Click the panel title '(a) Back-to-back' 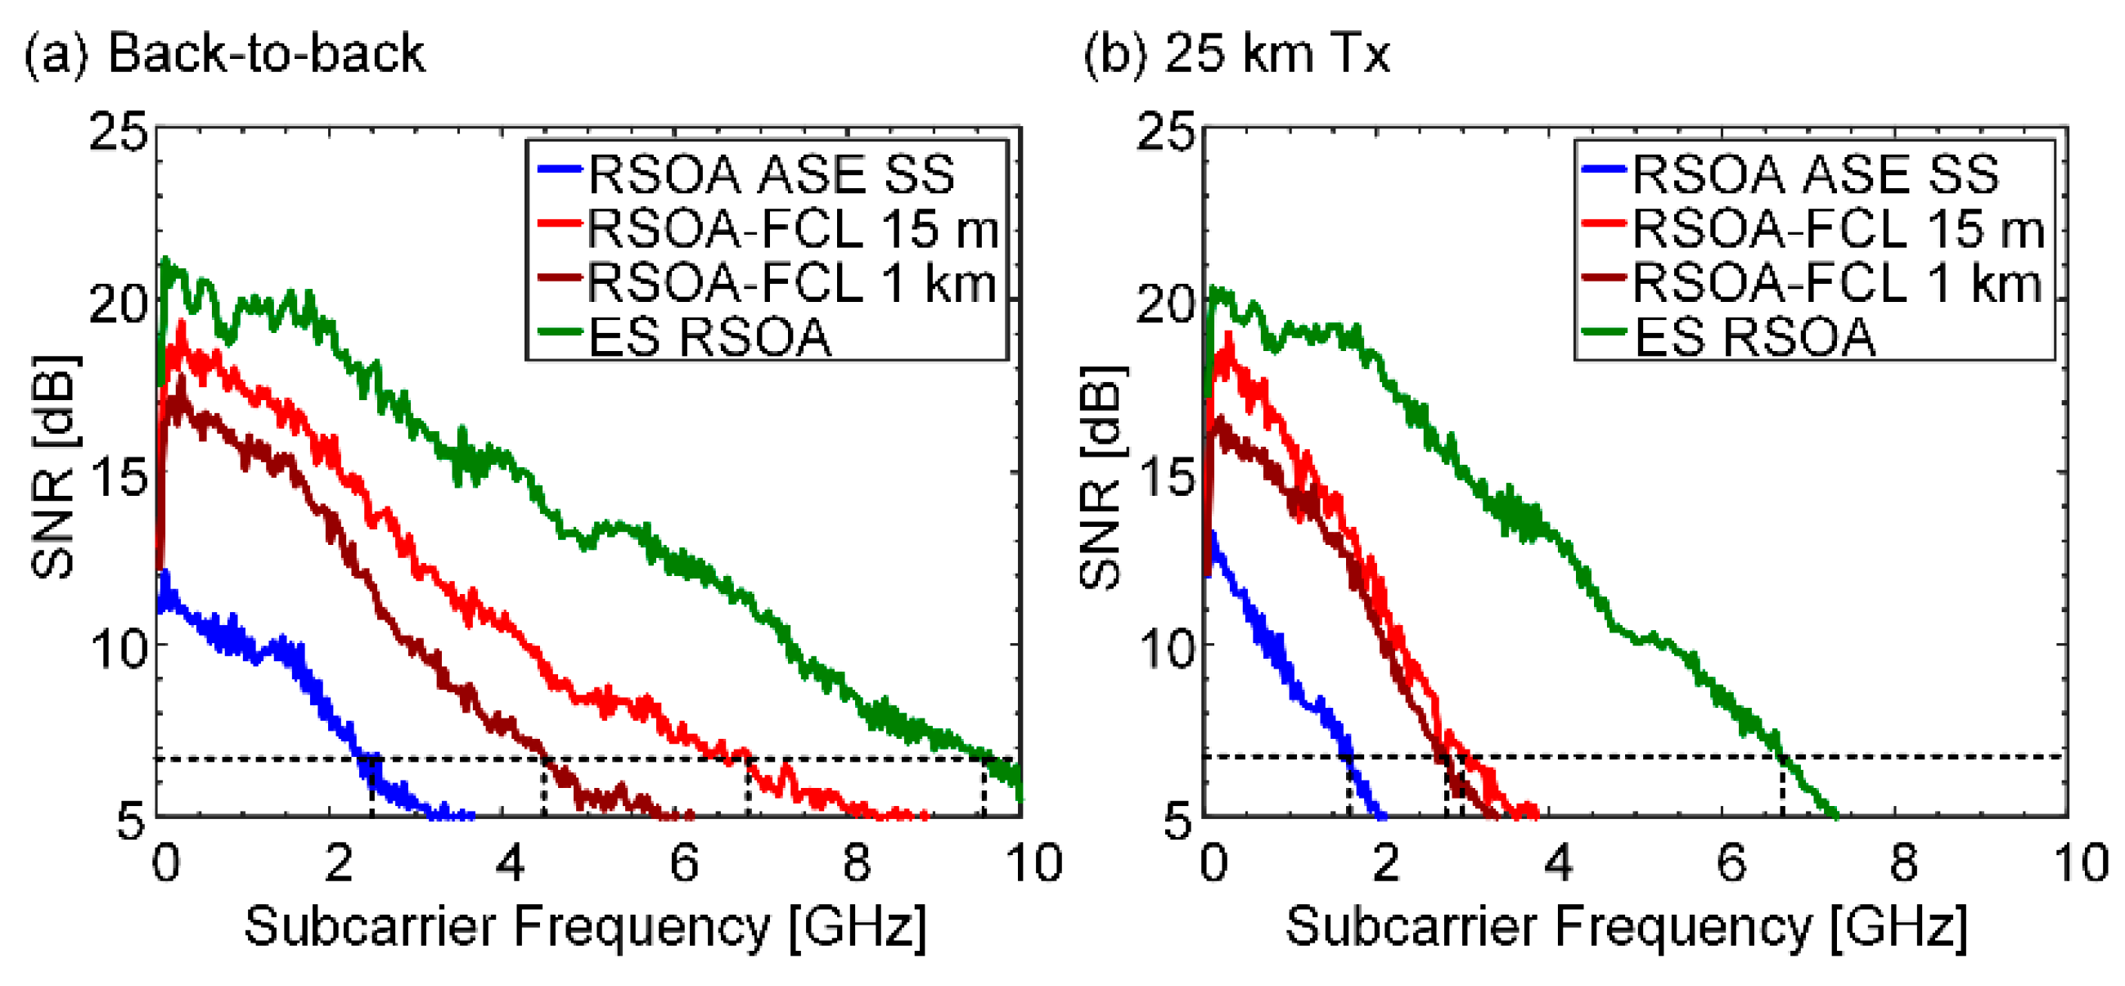224,55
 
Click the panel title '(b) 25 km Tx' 1235,55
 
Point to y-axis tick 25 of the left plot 119,132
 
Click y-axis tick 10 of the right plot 1166,650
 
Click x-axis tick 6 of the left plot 683,863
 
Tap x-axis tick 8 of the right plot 1902,863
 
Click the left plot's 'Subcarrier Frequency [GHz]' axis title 585,925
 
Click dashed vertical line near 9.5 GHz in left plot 983,787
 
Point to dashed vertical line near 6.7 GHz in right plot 1782,787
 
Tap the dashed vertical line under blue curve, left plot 371,787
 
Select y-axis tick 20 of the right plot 1166,304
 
